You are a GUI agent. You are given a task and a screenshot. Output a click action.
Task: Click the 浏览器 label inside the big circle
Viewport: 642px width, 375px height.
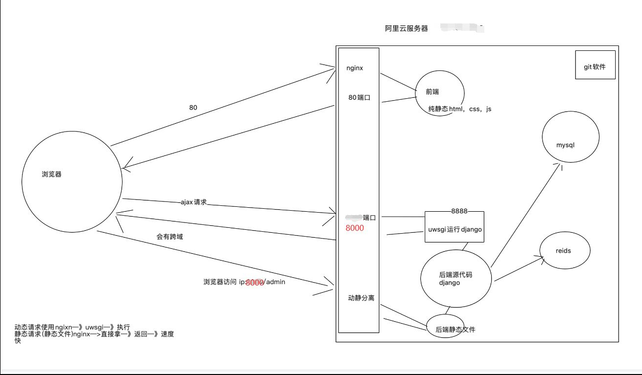[x=52, y=174]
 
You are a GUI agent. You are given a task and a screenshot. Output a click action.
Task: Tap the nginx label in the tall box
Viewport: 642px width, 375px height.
[x=354, y=68]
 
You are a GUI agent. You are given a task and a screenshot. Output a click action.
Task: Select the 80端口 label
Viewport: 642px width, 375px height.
[x=359, y=97]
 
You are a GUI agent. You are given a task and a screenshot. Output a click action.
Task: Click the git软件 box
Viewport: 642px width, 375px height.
[x=595, y=65]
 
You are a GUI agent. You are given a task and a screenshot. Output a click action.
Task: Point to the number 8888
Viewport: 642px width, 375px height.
[x=459, y=211]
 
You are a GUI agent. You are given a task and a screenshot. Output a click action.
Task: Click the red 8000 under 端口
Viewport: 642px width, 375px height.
[x=354, y=228]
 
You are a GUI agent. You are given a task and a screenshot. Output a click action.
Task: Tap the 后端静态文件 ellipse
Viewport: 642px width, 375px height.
[x=455, y=330]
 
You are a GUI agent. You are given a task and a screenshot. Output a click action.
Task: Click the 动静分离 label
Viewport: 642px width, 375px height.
[x=361, y=298]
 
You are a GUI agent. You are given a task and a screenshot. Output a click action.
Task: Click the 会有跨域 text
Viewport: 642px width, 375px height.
[x=170, y=237]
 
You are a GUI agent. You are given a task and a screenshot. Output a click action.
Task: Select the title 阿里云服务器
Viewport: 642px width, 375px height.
[x=406, y=28]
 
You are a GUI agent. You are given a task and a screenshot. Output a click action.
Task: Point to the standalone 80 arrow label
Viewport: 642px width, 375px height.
[x=193, y=108]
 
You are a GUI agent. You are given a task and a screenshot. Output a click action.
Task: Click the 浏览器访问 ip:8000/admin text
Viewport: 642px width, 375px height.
[x=244, y=282]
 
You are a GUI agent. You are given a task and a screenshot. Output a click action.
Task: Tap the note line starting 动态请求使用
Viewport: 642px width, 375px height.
[x=72, y=327]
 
